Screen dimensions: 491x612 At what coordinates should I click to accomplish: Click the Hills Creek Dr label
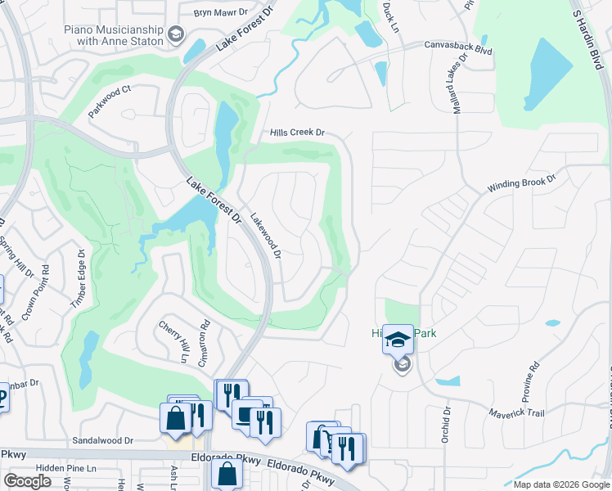298,133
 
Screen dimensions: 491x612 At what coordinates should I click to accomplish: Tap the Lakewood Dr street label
266,236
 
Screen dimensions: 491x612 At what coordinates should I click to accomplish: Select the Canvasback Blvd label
457,50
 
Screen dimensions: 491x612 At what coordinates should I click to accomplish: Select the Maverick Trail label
517,413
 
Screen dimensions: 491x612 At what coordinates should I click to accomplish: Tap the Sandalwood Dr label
103,440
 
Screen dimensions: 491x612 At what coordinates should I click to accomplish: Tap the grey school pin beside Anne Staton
175,34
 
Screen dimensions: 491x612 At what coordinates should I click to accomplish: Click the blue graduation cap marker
398,340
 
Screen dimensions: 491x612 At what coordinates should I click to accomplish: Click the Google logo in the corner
28,481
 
